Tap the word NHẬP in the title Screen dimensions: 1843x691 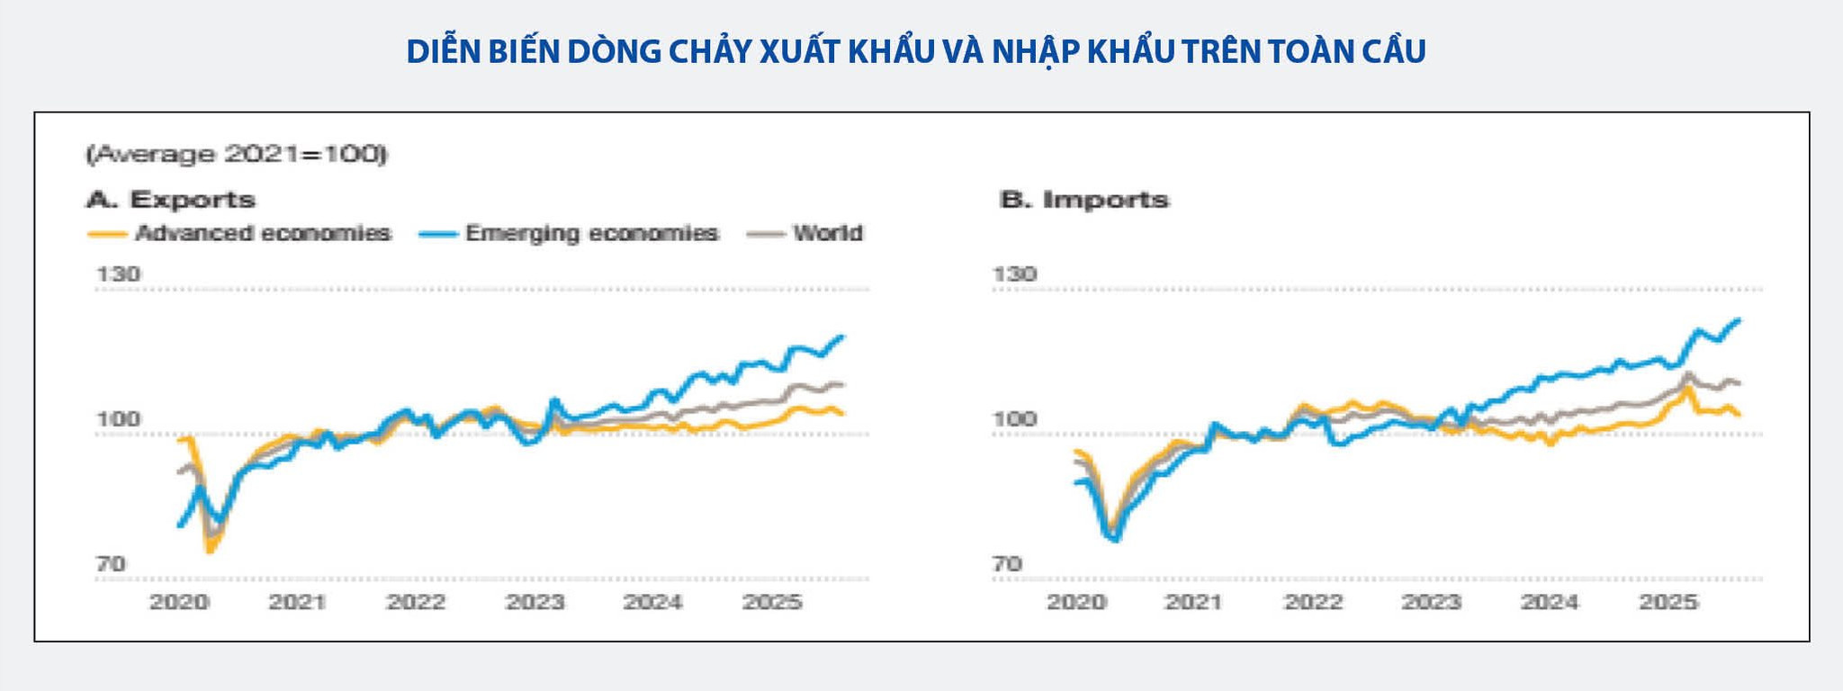(1034, 52)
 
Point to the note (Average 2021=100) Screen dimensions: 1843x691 (237, 155)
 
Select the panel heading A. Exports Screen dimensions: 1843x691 (171, 199)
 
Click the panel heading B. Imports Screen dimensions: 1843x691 (1084, 199)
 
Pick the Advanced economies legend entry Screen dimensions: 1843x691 (239, 234)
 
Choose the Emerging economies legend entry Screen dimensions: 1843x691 (569, 234)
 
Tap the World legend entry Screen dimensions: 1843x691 (805, 234)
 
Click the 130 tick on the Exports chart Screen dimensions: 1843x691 (118, 274)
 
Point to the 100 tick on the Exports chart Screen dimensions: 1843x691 (118, 418)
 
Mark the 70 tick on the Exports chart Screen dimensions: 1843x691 (111, 564)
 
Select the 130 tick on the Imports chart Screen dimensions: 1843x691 (1014, 274)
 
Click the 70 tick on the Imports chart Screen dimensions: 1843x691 (1007, 564)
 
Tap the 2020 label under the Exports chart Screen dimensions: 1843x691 (179, 602)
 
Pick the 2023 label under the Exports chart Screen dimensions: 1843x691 (535, 602)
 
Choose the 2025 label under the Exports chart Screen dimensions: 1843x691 (772, 602)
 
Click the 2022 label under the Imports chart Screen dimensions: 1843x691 (1313, 602)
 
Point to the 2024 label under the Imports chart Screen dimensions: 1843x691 (1550, 602)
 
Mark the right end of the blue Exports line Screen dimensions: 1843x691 (843, 337)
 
